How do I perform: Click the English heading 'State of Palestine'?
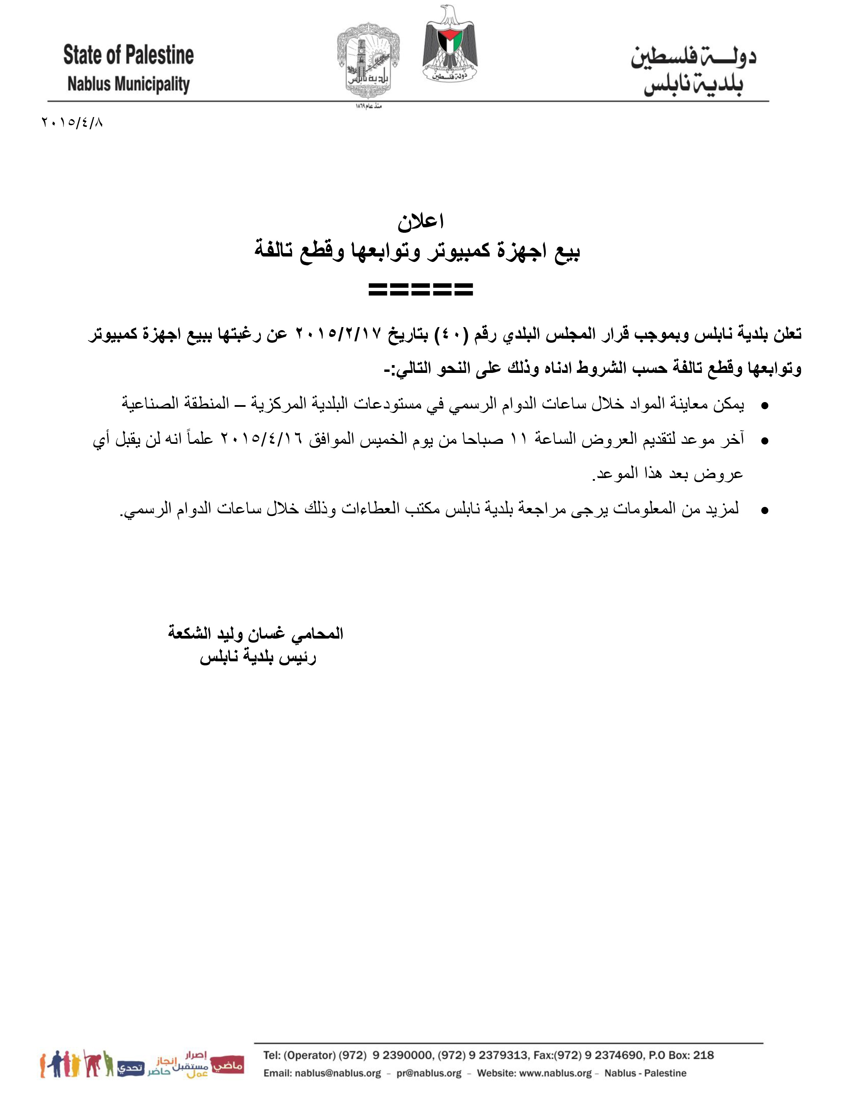(128, 55)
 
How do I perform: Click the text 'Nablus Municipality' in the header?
(129, 84)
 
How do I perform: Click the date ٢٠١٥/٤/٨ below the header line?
(72, 122)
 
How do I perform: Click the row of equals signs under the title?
(420, 289)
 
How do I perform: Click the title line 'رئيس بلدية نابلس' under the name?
(258, 657)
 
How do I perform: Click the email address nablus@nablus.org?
(338, 1073)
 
